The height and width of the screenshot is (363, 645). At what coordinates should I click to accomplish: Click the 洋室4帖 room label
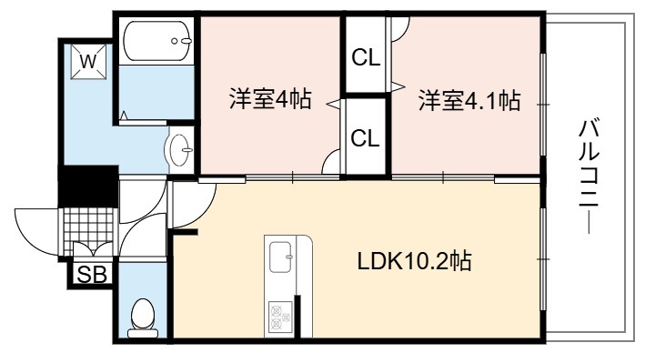click(270, 99)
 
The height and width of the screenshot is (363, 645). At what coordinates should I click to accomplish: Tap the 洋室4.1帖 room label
click(469, 100)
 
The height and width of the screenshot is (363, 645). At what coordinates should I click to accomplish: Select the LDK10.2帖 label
click(414, 260)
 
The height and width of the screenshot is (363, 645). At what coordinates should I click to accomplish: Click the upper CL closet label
click(366, 58)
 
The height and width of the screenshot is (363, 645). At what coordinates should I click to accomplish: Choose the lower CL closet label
click(366, 138)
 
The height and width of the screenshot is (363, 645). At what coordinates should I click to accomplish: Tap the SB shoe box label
click(92, 275)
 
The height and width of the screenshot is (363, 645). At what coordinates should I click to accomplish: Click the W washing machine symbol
click(88, 62)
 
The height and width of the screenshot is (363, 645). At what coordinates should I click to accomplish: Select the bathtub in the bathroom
click(156, 41)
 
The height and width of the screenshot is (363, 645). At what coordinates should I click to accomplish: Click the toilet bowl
click(143, 318)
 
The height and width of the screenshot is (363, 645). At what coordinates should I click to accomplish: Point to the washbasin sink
click(179, 150)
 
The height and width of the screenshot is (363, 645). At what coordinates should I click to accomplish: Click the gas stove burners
click(280, 317)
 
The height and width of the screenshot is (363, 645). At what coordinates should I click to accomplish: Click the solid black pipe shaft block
click(88, 186)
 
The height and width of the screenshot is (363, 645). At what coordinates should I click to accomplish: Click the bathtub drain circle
click(175, 41)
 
